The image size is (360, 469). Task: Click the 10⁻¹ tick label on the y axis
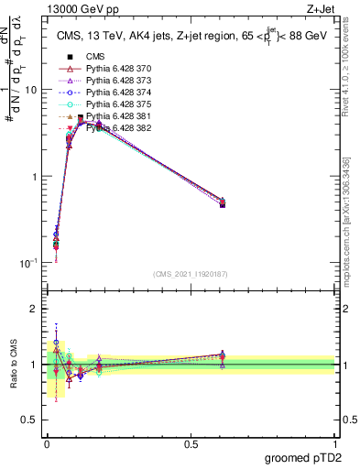pos(29,263)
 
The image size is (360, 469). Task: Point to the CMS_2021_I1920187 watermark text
pos(190,273)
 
